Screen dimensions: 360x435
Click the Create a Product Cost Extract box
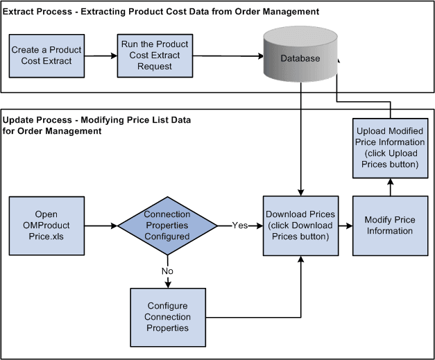(46, 55)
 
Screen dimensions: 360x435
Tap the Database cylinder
(300, 59)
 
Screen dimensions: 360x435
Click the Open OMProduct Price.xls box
(46, 225)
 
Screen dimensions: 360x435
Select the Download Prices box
(300, 225)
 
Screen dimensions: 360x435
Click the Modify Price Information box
(389, 225)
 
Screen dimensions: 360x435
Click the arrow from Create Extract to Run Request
(99, 55)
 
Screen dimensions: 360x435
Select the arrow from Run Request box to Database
(221, 55)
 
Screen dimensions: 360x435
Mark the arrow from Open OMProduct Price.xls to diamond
(101, 225)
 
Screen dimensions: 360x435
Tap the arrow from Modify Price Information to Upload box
(389, 185)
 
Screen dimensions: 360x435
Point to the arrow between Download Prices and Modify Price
(345, 225)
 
